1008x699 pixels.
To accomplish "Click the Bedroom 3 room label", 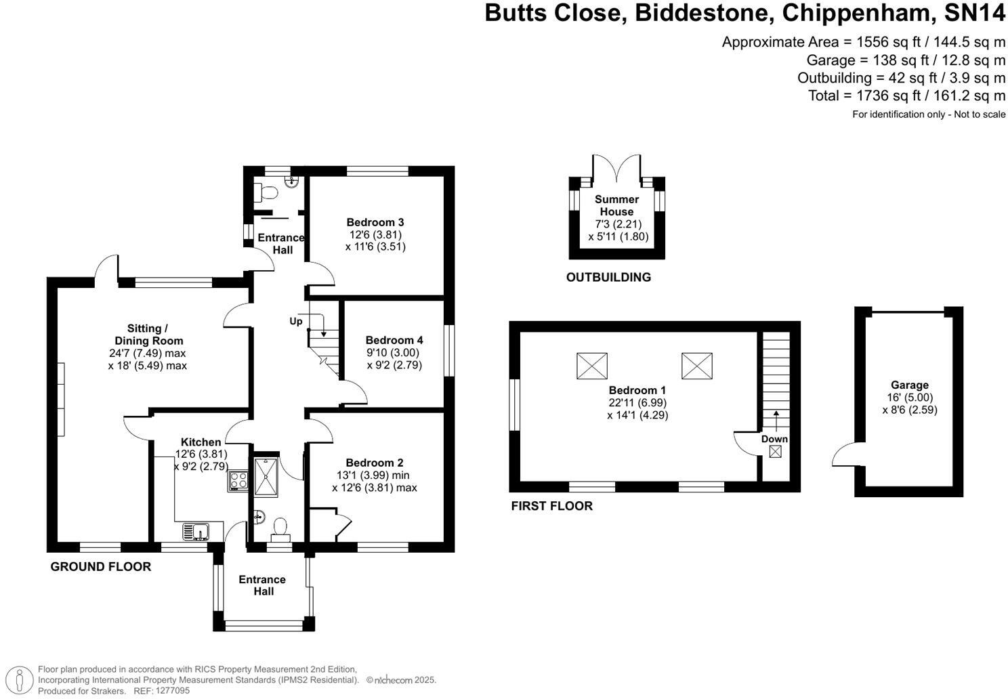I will click(375, 222).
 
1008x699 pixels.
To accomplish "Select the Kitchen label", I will click(201, 442).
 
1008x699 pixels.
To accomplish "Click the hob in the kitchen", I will click(238, 480).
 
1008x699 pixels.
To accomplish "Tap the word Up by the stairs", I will click(296, 321).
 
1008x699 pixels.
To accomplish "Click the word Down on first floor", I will click(774, 439).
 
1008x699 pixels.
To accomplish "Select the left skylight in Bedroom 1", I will click(591, 366).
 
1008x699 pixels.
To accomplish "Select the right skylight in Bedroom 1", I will click(696, 366).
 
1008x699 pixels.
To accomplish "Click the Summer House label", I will click(616, 205).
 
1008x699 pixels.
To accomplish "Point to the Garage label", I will click(909, 385).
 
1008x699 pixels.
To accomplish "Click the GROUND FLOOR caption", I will click(101, 567).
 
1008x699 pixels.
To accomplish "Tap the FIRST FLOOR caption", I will click(551, 506).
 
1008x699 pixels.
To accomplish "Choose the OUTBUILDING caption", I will click(608, 277).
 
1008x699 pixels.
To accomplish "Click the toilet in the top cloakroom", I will click(266, 192).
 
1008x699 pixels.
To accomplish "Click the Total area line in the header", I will click(906, 96).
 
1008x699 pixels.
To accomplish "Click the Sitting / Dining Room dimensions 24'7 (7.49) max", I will click(147, 353).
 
